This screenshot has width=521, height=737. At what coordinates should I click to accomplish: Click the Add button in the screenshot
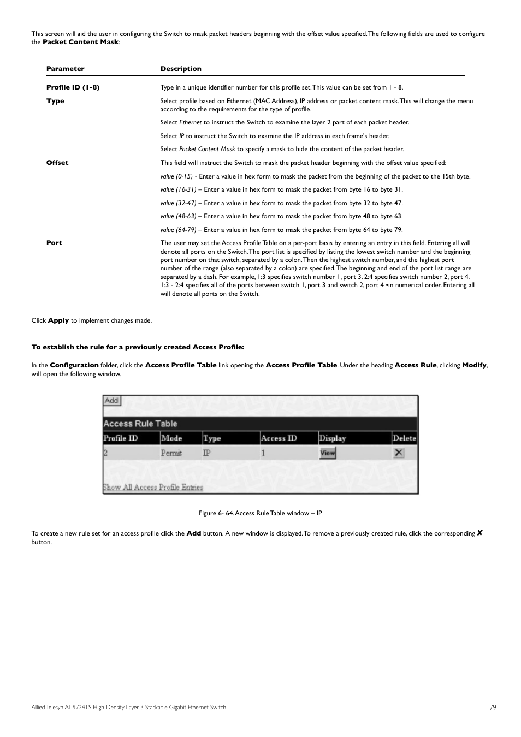point(111,401)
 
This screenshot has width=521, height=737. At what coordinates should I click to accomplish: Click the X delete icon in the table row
point(399,453)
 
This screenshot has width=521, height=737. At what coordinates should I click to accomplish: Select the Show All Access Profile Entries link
point(153,488)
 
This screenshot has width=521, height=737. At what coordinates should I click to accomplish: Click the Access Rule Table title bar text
point(140,424)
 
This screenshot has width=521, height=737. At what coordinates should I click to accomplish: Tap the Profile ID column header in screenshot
point(121,438)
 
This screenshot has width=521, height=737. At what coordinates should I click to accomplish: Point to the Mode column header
point(171,438)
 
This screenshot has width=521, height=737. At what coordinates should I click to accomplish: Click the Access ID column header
point(279,438)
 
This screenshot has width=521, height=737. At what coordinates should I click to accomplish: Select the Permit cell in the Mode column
point(171,453)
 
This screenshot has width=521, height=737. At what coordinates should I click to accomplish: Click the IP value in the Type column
point(207,453)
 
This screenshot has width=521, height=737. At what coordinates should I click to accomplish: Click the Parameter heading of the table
point(66,69)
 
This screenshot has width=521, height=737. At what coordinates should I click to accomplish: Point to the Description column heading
point(181,69)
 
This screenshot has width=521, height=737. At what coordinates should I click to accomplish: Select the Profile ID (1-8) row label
point(73,87)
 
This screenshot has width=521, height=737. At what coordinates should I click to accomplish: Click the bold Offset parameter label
point(57,163)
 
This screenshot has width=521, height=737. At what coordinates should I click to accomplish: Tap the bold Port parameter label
point(54,243)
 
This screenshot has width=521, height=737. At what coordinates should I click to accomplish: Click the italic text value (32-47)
point(178,203)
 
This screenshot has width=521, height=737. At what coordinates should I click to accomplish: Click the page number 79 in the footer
point(493,707)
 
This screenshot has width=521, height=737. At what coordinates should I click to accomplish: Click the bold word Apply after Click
point(58,320)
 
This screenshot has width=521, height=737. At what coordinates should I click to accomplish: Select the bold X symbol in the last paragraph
point(479,533)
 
